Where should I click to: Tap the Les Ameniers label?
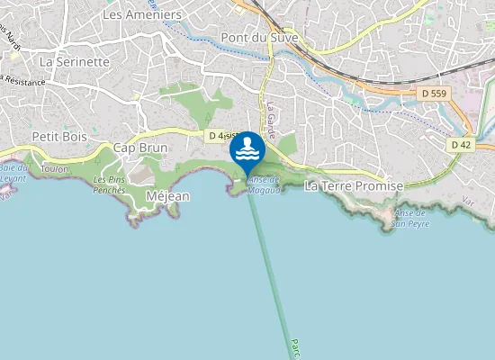tap(142, 15)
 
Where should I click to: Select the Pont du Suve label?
tap(259, 38)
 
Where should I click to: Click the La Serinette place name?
tap(75, 62)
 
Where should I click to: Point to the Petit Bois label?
tap(58, 136)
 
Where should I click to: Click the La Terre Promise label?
tap(354, 185)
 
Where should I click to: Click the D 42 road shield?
tap(460, 144)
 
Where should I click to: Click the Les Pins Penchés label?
tap(110, 185)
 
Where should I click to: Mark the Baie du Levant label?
tap(13, 173)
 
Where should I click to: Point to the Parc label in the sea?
tap(294, 346)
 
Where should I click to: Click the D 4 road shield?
tap(214, 136)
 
